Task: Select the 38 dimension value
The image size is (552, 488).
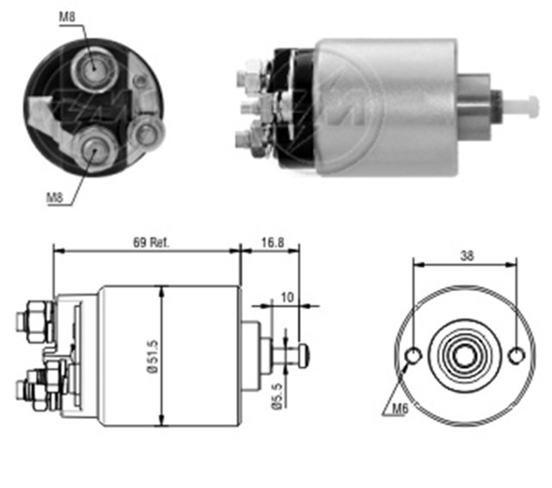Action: pos(467,256)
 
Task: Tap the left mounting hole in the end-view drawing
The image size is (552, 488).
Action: pos(415,355)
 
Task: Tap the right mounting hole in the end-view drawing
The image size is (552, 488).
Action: pos(516,355)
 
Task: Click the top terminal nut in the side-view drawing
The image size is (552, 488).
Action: pos(34,314)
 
